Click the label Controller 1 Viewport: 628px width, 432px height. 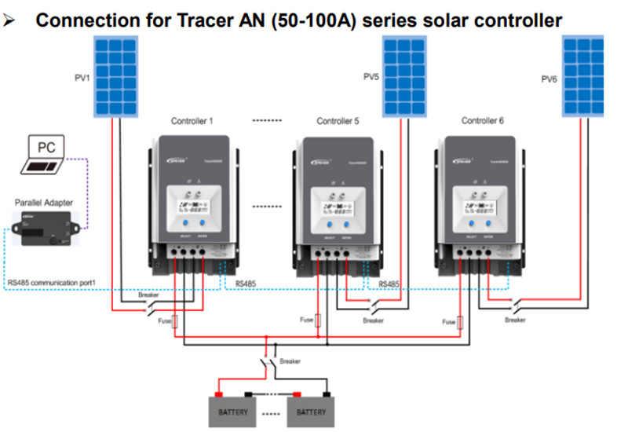click(x=192, y=121)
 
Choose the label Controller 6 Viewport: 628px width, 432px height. click(x=483, y=121)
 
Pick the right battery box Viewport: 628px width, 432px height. click(x=312, y=411)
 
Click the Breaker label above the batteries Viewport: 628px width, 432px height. click(x=290, y=361)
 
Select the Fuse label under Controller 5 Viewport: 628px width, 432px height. click(x=307, y=320)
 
